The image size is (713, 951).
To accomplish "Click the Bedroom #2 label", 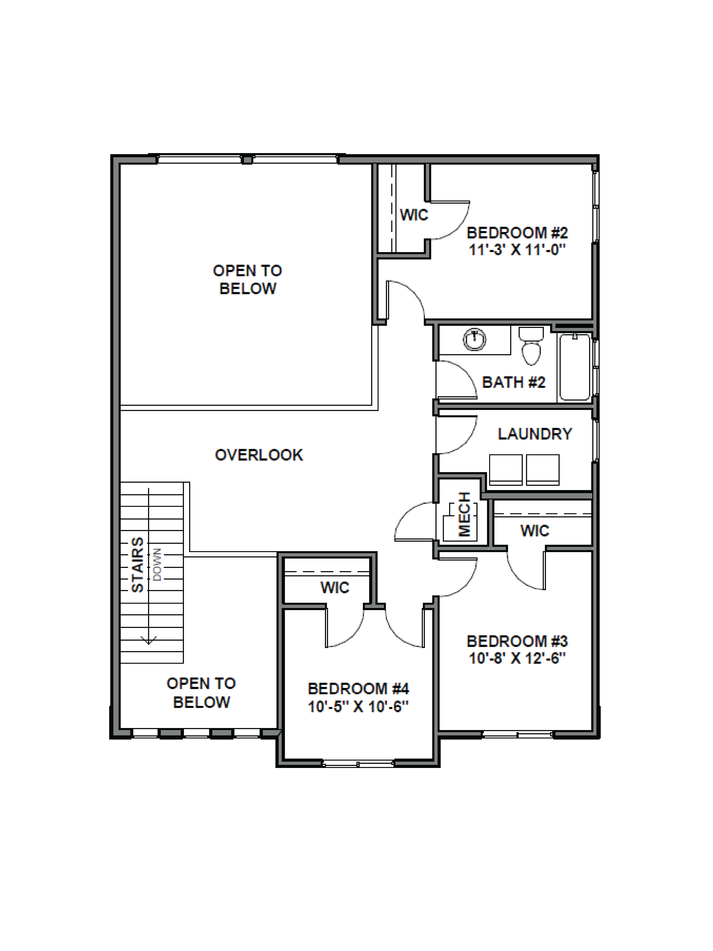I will (517, 233).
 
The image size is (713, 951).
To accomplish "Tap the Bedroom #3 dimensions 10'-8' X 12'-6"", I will (517, 658).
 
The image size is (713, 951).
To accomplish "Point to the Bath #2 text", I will (514, 382).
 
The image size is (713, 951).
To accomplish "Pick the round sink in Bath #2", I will (474, 340).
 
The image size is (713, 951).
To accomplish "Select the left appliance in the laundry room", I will (505, 469).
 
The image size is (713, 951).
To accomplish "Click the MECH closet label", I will (464, 515).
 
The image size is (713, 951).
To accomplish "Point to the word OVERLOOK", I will (259, 455).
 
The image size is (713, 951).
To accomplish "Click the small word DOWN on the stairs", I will (157, 564).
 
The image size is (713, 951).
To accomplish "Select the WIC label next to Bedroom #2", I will (414, 215).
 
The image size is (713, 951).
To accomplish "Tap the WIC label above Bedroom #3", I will (535, 531).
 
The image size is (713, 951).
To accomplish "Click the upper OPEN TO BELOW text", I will (248, 279).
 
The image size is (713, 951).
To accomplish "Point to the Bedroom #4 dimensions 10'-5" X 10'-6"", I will (358, 706).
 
